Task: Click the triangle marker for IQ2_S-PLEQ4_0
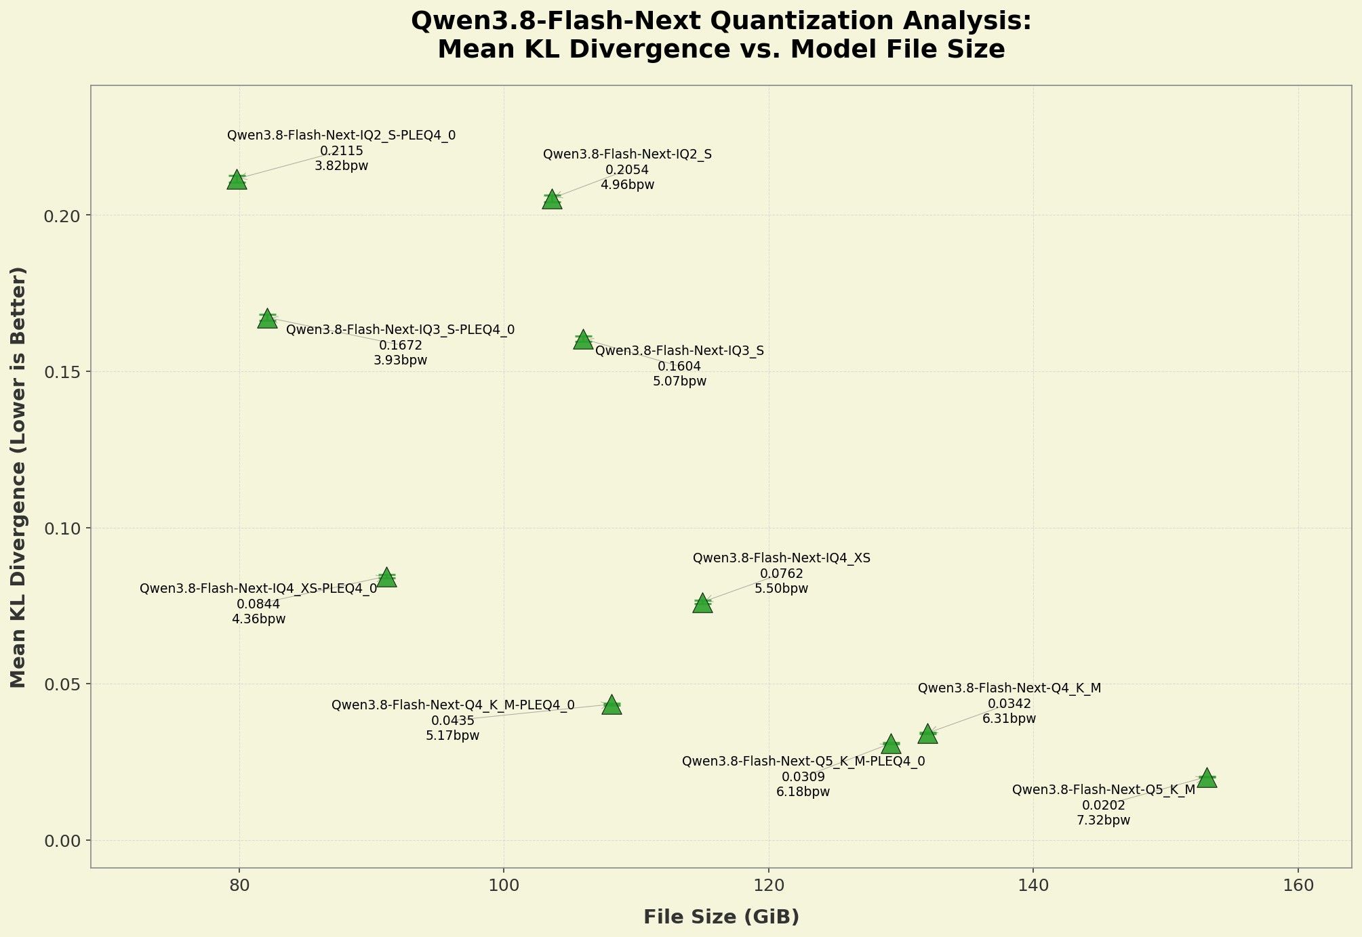(237, 180)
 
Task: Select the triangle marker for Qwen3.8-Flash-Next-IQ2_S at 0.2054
(553, 200)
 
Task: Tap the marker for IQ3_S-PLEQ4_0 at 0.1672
(267, 318)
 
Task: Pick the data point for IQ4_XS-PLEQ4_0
(386, 577)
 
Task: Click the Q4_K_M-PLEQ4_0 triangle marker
(612, 705)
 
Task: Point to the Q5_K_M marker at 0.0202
(1207, 778)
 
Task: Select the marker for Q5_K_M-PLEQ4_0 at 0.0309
(891, 744)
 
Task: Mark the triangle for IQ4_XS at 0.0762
(702, 603)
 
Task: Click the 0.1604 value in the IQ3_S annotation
(679, 367)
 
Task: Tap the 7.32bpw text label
(1103, 820)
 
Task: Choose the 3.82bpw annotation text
(341, 166)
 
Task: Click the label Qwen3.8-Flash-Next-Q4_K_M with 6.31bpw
(1009, 688)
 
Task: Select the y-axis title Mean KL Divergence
(18, 477)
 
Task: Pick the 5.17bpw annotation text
(452, 736)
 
